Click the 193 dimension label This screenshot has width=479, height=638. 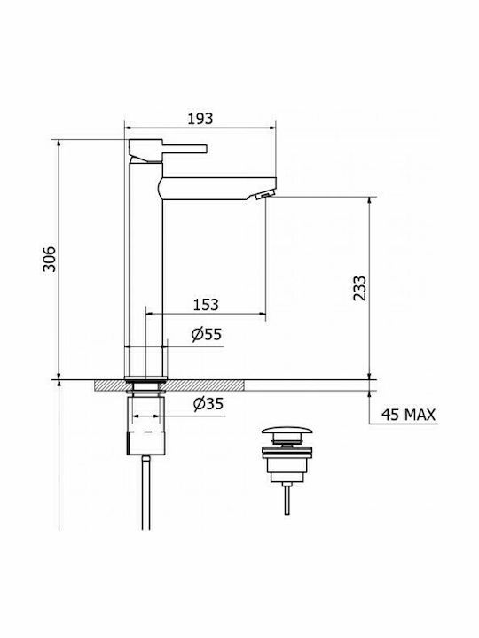(200, 119)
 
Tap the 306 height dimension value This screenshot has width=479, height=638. (50, 259)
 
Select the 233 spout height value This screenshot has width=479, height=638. (359, 288)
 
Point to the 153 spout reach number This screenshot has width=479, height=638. (205, 304)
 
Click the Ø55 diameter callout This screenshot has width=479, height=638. (207, 334)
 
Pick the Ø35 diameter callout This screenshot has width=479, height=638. (208, 404)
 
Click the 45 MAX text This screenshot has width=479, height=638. (408, 415)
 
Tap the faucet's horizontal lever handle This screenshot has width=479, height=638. (185, 149)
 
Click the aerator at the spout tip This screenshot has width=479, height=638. (263, 196)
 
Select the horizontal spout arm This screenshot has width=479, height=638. (216, 189)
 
